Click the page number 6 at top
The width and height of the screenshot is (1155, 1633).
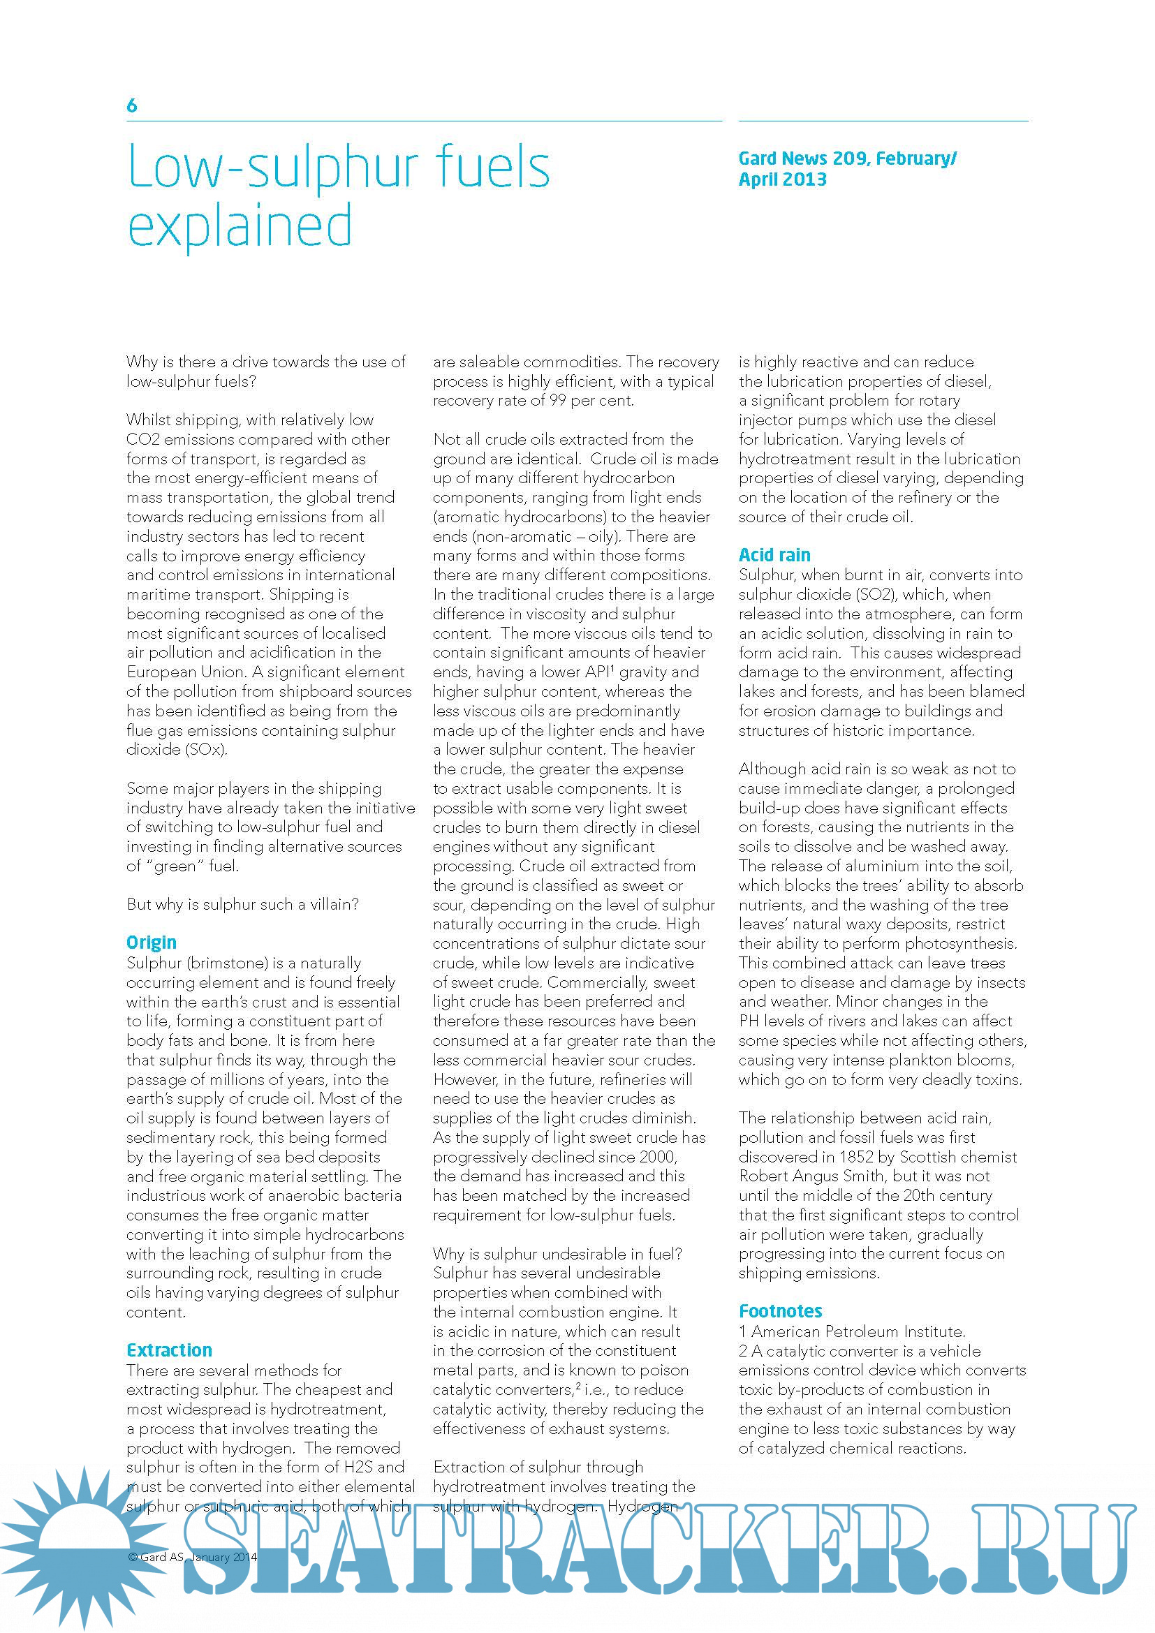point(131,106)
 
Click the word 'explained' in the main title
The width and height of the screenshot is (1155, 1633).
point(240,226)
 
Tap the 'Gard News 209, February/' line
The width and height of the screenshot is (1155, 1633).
point(847,158)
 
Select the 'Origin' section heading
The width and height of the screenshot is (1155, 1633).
point(152,943)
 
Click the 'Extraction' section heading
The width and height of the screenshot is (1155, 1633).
point(169,1350)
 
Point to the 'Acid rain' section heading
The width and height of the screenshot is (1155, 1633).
point(774,555)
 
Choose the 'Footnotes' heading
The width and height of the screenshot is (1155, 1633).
point(780,1311)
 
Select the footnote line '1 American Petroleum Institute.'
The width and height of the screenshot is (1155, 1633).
point(852,1331)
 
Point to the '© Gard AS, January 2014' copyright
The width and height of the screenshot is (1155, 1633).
point(192,1557)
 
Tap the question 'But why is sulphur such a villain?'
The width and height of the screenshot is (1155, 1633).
point(242,904)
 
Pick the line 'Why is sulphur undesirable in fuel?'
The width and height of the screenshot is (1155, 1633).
point(557,1254)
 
